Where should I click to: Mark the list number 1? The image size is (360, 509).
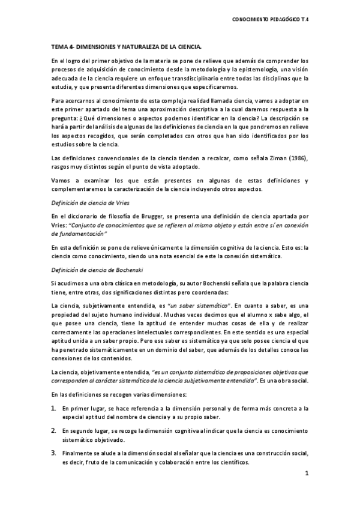click(53, 408)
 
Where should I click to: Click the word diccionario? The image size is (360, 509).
click(83, 215)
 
